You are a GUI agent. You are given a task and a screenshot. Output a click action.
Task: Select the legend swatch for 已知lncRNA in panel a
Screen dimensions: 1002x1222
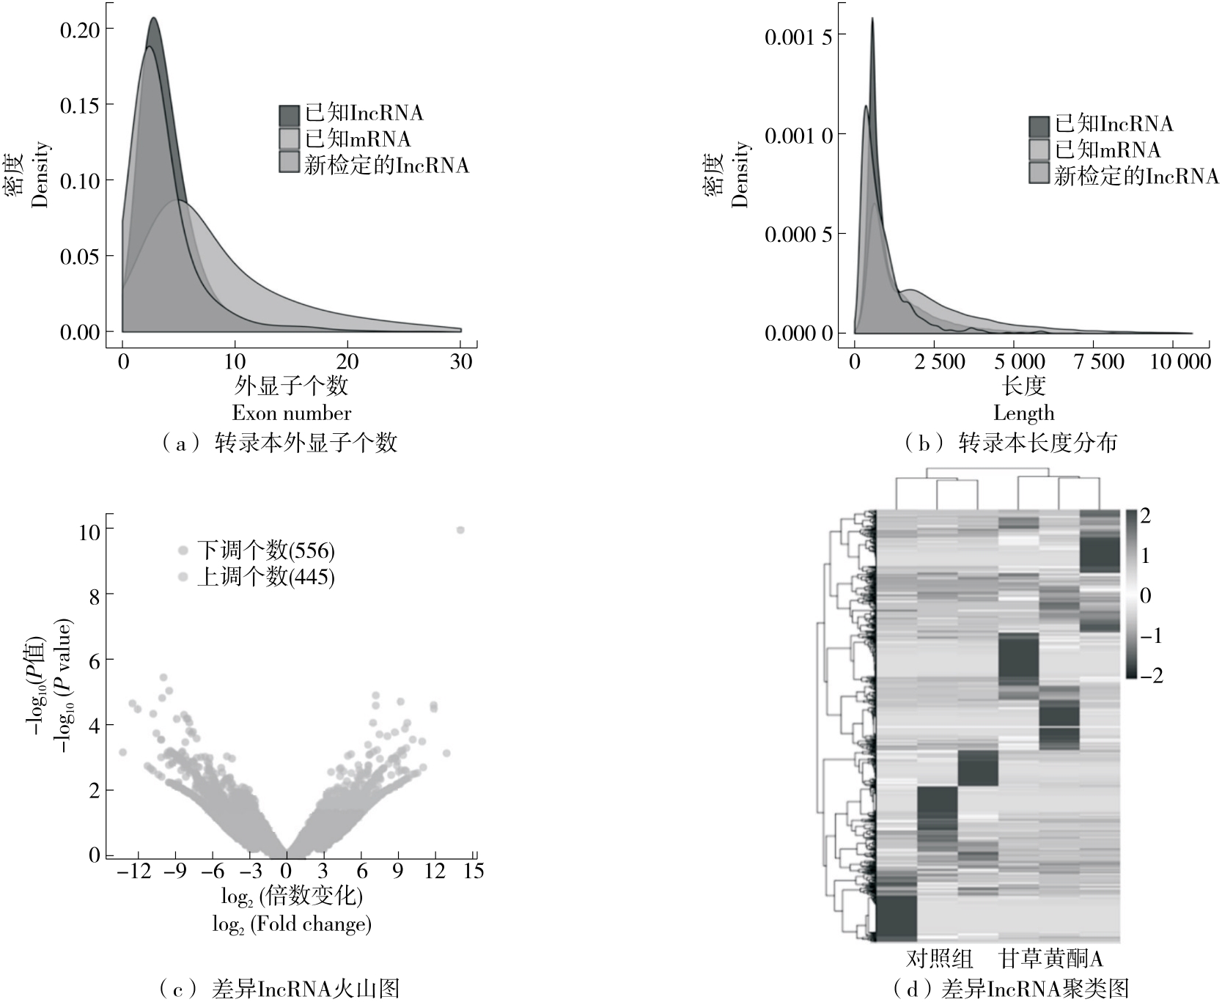(290, 115)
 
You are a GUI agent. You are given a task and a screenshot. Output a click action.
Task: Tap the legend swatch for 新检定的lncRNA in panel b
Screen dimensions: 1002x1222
(1039, 174)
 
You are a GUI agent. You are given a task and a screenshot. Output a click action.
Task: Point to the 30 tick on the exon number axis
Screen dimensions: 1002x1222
(461, 361)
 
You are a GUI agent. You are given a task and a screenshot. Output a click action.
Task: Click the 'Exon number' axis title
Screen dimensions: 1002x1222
(292, 413)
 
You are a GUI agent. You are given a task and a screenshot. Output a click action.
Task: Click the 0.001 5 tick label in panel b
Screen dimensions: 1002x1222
(798, 37)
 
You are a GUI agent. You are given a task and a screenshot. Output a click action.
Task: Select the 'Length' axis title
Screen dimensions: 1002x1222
(1023, 413)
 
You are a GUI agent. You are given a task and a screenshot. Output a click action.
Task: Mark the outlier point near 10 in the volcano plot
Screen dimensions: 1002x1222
(460, 530)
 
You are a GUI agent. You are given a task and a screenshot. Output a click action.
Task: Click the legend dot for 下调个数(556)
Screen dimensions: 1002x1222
(183, 550)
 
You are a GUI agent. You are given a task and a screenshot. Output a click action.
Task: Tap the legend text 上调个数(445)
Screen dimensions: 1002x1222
(265, 577)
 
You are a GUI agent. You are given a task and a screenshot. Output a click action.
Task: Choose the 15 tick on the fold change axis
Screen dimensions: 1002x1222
(474, 871)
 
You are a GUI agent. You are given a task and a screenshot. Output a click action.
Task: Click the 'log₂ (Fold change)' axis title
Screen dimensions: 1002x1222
(292, 924)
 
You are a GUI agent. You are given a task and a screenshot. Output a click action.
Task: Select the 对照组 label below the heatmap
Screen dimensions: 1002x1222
(939, 959)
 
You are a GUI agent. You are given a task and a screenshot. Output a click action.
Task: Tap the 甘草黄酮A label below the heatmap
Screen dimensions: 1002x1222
(1051, 959)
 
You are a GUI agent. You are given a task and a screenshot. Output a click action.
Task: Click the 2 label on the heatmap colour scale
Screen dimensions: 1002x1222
(1145, 516)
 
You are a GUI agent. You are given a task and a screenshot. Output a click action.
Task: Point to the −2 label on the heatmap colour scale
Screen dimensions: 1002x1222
(1148, 674)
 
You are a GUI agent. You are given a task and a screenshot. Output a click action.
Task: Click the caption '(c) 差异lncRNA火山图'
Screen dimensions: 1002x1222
(279, 989)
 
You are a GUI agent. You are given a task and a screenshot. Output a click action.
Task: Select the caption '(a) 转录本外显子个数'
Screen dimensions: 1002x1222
(279, 442)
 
